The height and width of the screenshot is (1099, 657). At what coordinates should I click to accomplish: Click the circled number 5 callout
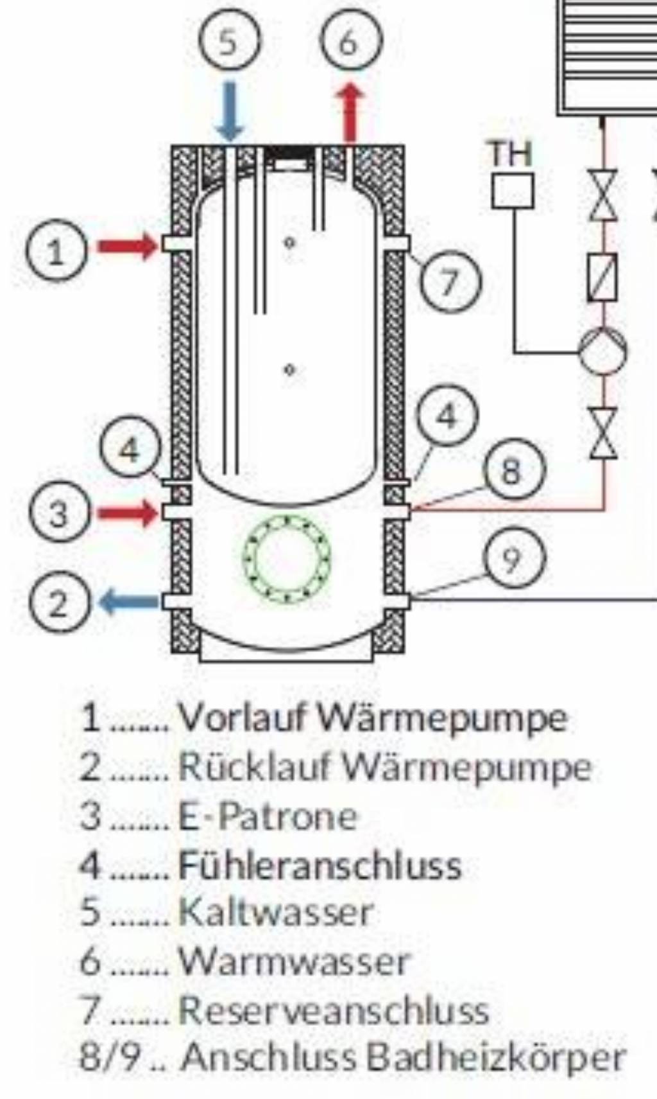point(228,41)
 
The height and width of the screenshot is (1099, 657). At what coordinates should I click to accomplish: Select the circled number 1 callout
point(56,250)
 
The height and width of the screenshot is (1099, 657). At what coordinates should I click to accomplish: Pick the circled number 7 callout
point(450,281)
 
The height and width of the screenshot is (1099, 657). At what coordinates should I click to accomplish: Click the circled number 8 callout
point(511,471)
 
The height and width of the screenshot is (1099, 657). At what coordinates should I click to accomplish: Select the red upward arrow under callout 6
point(350,113)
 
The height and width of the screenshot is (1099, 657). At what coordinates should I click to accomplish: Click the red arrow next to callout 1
point(128,246)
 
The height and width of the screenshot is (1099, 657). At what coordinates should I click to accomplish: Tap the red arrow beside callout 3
point(128,512)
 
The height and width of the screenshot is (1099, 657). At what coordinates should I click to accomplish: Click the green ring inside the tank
point(287,556)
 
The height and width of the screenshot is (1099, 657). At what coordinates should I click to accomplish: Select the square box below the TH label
point(512,191)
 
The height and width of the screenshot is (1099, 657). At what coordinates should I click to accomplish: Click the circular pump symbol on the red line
point(602,351)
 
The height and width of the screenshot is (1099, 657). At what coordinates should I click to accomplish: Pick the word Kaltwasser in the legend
point(275,911)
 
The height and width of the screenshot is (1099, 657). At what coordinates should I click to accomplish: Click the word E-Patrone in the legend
point(267,816)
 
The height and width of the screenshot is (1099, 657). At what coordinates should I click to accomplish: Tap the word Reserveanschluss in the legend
point(334,1009)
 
